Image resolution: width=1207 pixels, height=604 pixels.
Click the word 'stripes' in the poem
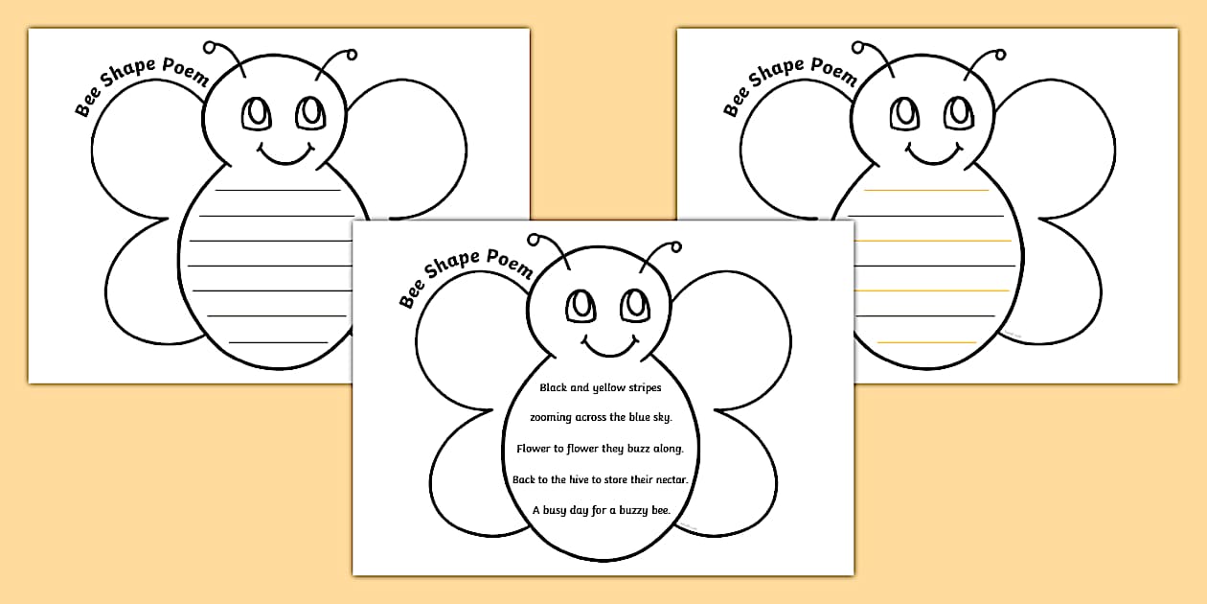[x=639, y=388]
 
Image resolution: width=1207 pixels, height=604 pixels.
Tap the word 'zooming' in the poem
[x=553, y=418]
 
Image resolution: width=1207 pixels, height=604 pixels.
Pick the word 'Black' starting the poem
[x=555, y=387]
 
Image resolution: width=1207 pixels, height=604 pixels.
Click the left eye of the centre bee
[x=580, y=306]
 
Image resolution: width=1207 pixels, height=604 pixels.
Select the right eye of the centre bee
[x=634, y=305]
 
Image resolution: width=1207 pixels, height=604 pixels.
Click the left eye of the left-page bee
[x=256, y=113]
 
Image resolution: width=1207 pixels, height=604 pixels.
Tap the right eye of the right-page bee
[x=959, y=112]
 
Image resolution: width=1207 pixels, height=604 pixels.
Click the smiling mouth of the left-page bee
[x=285, y=152]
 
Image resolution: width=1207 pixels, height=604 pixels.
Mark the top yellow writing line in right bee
[x=926, y=191]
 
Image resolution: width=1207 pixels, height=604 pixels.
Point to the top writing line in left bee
[x=277, y=190]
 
